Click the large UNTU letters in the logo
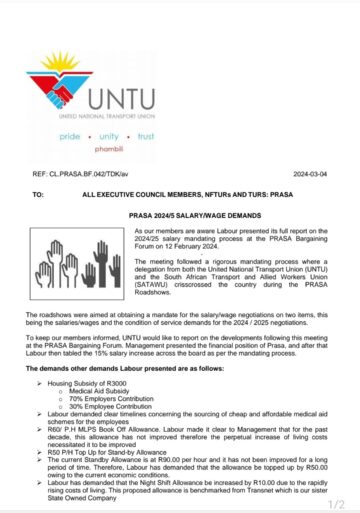click(x=129, y=99)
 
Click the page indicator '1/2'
click(x=336, y=503)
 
